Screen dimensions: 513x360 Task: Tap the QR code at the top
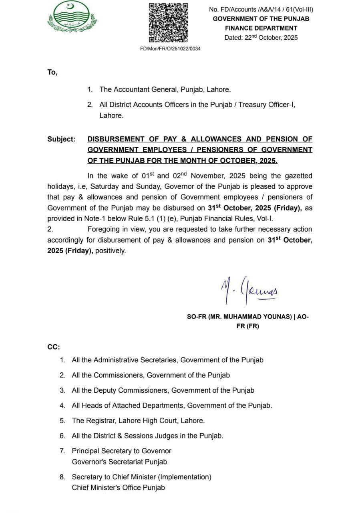tap(168, 22)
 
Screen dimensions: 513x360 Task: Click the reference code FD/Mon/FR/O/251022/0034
tap(170, 48)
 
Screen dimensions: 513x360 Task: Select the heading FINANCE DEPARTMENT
tap(261, 28)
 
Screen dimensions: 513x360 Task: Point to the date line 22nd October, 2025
tap(261, 38)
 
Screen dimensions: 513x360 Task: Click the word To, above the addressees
tap(52, 73)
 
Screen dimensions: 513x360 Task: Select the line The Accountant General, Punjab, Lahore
tap(165, 90)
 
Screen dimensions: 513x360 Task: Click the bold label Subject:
tap(61, 139)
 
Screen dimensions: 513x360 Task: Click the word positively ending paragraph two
tap(111, 250)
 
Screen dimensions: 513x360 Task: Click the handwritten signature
tap(248, 289)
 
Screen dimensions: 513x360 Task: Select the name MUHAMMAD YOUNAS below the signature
tap(257, 317)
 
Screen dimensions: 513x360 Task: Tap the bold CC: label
tap(53, 347)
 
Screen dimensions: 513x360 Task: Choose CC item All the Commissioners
tap(151, 375)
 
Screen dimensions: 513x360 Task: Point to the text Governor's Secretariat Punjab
tap(119, 462)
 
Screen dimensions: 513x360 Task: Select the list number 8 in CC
tap(62, 477)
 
